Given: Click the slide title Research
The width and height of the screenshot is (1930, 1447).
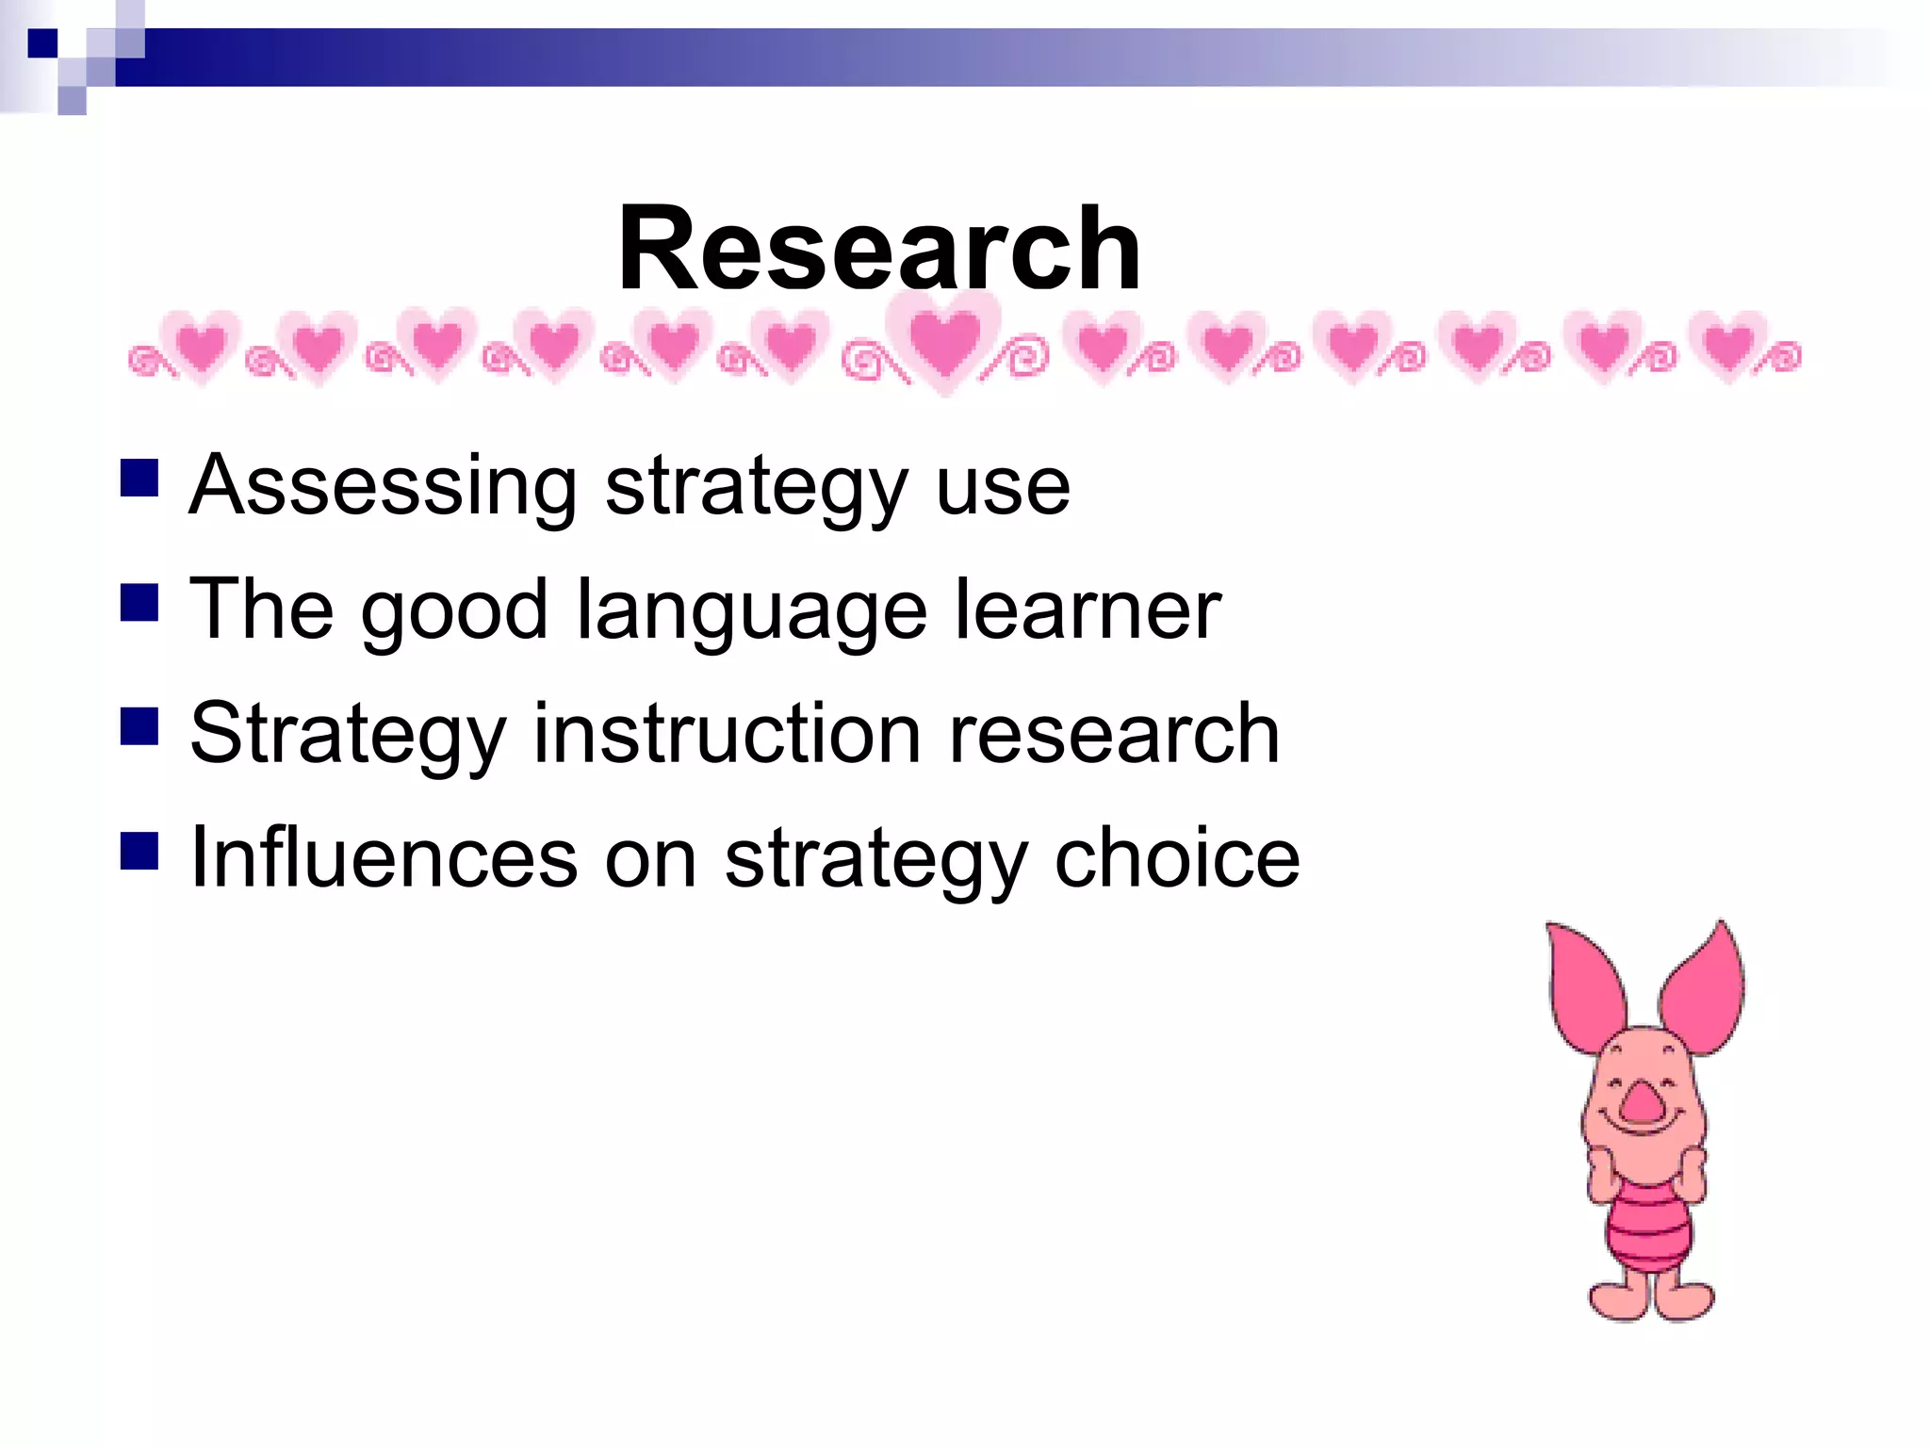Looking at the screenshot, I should coord(878,251).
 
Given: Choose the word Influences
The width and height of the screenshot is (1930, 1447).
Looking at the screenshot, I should coord(383,858).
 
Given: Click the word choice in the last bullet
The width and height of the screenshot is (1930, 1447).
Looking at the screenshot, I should coord(1177,858).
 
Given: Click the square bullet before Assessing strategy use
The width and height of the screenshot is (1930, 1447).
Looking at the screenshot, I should coord(139,478).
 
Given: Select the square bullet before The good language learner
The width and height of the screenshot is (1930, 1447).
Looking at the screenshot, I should coord(139,603).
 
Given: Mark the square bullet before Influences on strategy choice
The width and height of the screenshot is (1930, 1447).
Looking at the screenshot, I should coord(139,850).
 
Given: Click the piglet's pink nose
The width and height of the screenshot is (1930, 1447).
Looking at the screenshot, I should coord(1644,1101).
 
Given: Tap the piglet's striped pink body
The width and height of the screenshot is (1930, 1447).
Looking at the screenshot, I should coord(1648,1225).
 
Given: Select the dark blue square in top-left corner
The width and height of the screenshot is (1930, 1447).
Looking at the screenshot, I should coord(42,43).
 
